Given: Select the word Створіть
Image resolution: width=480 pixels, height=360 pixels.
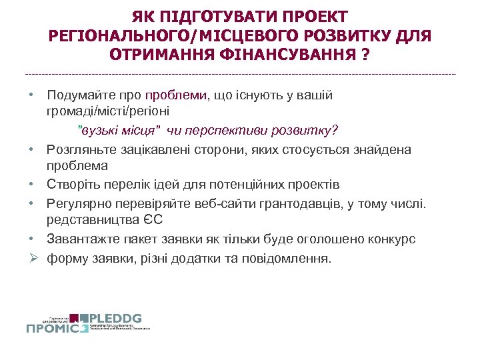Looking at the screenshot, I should pyautogui.click(x=71, y=183).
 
